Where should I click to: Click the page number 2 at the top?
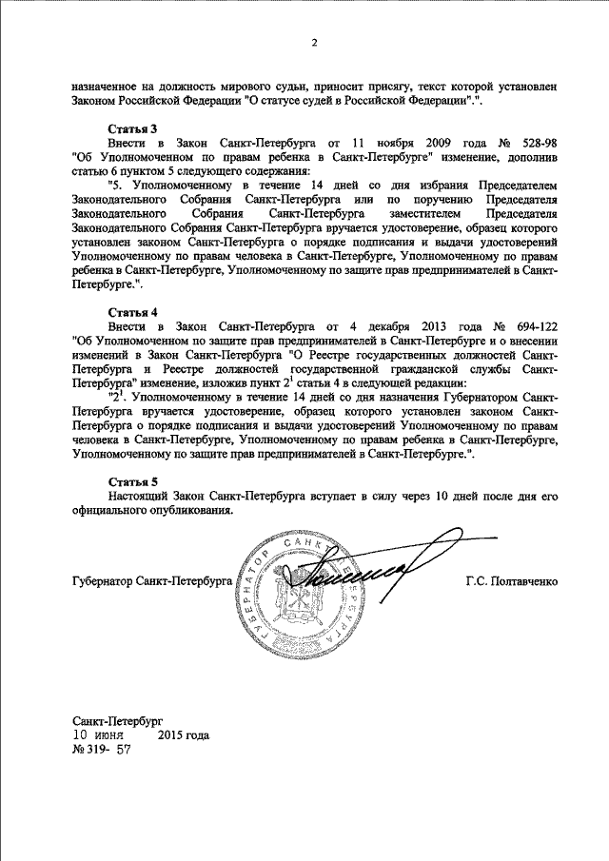pyautogui.click(x=313, y=42)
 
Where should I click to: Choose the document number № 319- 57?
pyautogui.click(x=100, y=750)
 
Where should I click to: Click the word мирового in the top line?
pyautogui.click(x=231, y=85)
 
